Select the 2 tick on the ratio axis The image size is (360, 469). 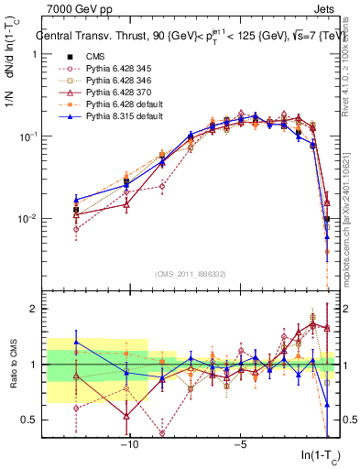[33, 309]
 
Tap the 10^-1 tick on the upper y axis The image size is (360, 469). [27, 136]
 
